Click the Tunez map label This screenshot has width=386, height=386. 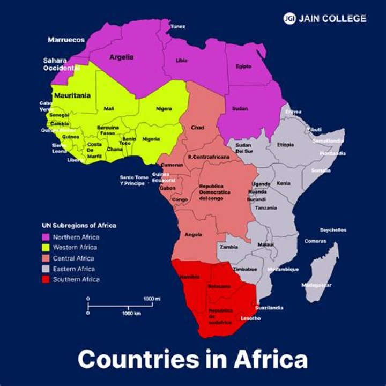point(178,26)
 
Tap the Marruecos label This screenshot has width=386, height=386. point(66,40)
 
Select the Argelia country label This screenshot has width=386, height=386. point(121,57)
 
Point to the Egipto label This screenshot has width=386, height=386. point(243,66)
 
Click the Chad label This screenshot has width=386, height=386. point(198,128)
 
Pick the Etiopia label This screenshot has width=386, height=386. point(285,145)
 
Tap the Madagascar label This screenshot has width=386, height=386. point(316,285)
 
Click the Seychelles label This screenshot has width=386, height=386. point(333,230)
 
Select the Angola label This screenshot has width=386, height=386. point(193,235)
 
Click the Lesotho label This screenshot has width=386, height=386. point(251,318)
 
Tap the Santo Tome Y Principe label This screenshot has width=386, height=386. point(134,180)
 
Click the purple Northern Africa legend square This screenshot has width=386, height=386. point(46,237)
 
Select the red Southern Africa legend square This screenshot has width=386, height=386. point(46,279)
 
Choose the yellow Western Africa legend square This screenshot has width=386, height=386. point(46,248)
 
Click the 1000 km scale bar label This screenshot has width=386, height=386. point(131,313)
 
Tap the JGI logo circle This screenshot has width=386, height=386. point(289,18)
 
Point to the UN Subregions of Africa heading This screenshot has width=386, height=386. point(79,226)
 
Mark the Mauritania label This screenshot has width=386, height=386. point(72,95)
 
